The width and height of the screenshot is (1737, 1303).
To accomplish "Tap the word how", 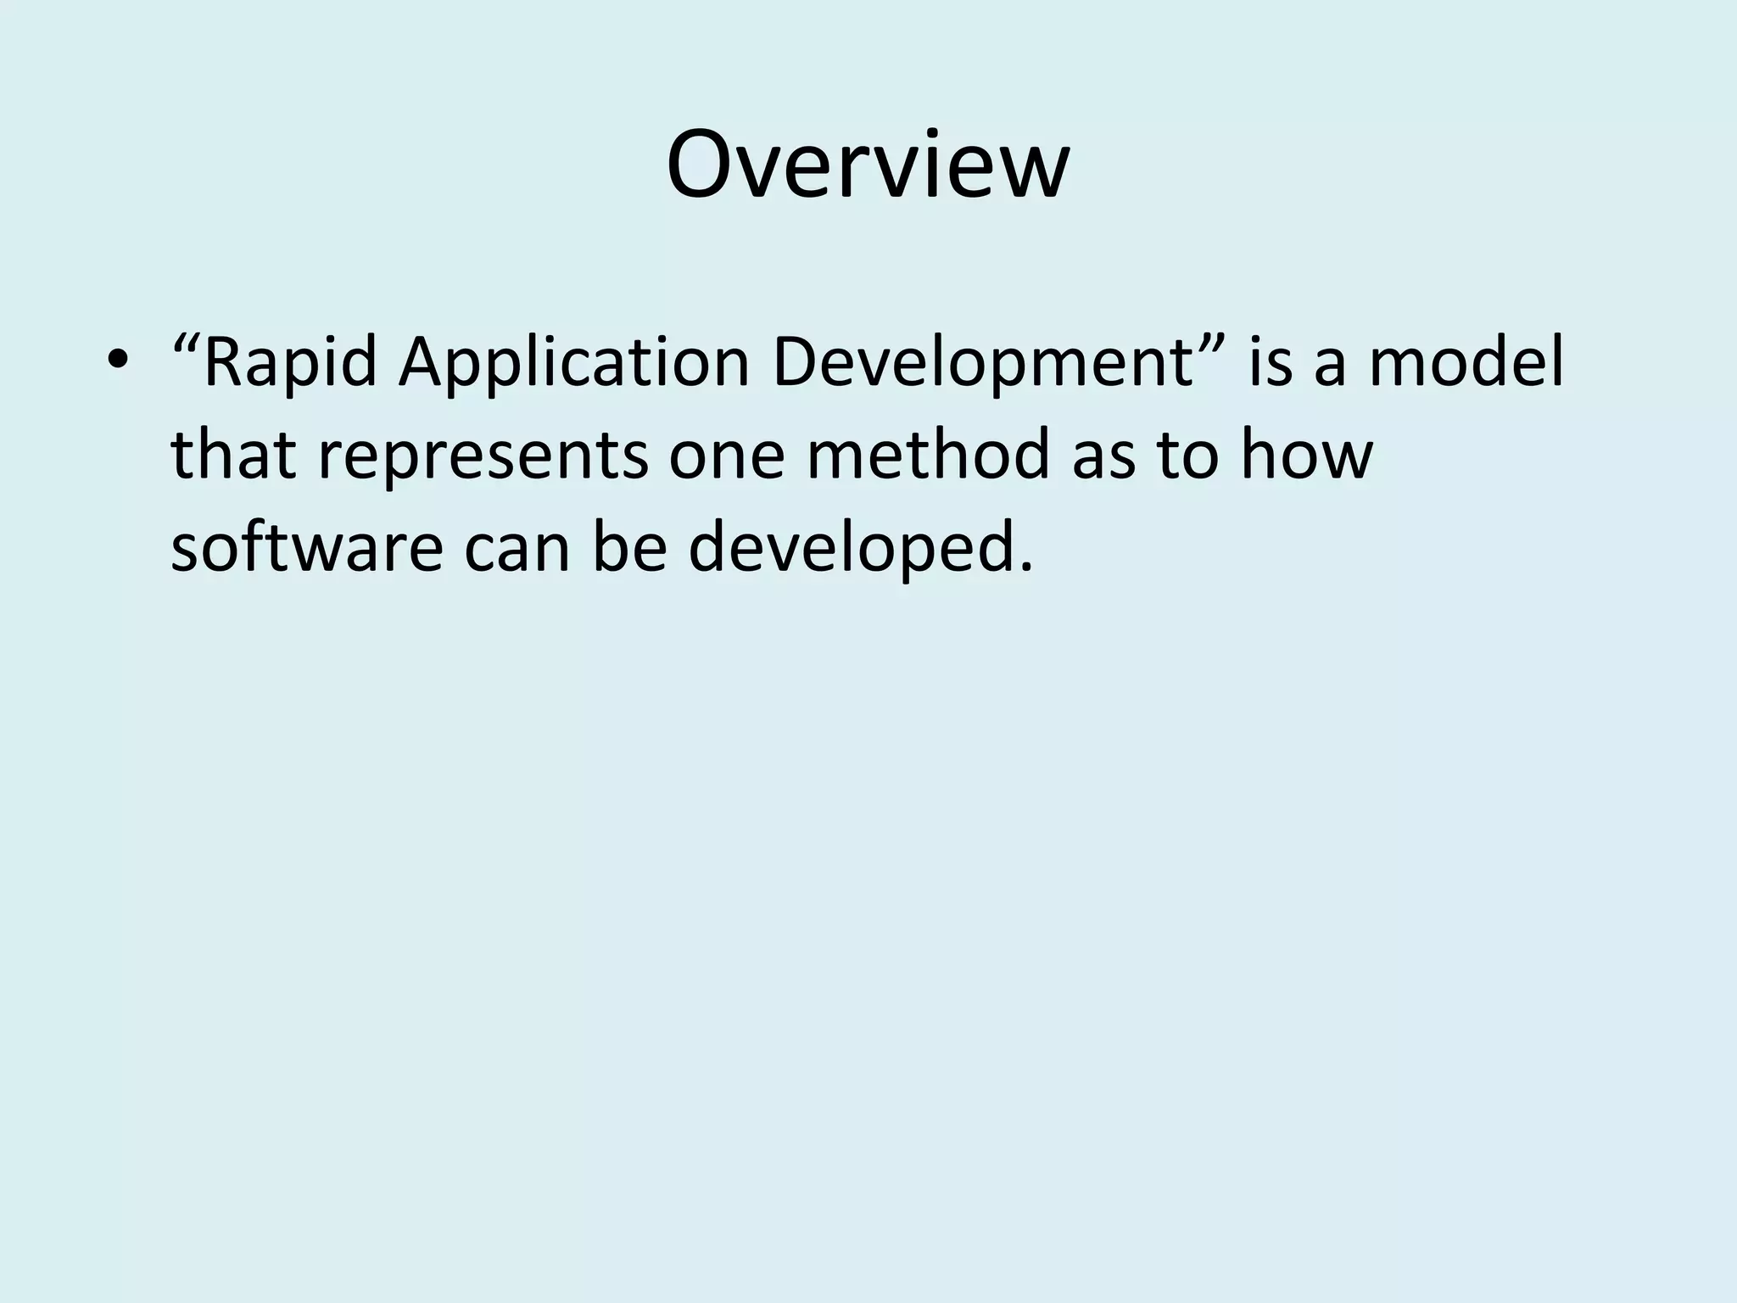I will coord(1305,455).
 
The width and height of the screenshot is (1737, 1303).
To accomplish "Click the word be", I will coord(628,547).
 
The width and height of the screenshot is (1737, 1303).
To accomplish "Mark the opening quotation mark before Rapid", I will coord(186,344).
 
